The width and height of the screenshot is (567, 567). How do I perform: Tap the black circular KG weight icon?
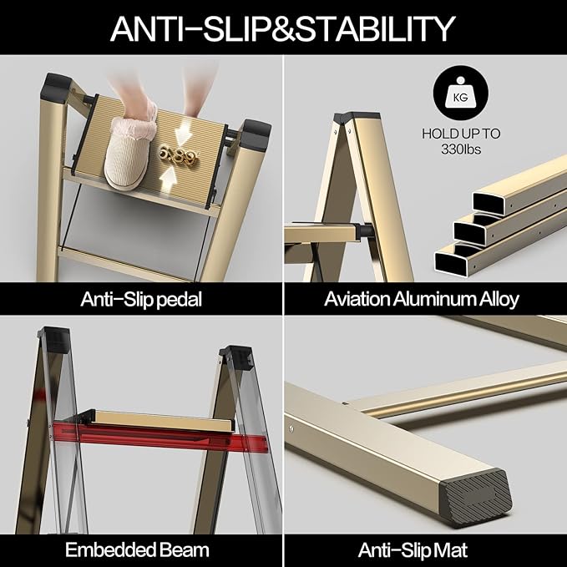tap(457, 97)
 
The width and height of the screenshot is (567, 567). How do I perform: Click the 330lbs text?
tap(457, 149)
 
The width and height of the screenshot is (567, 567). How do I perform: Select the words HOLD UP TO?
tap(457, 134)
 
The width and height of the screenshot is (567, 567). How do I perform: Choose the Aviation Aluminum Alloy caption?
tap(422, 299)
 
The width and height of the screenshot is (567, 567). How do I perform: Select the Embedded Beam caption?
tap(139, 549)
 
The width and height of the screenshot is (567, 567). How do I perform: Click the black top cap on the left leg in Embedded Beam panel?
tap(54, 339)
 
